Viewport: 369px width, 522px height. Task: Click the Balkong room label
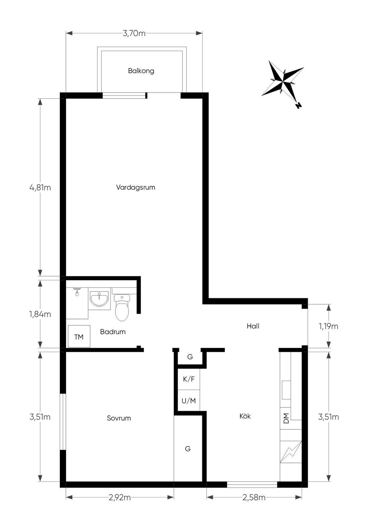click(x=141, y=71)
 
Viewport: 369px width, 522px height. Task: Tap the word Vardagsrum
click(x=135, y=187)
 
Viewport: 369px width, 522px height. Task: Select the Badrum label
click(x=113, y=332)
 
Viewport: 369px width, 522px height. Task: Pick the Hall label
click(x=253, y=326)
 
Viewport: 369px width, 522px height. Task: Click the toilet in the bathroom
click(x=122, y=307)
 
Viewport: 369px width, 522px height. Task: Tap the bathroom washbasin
click(x=99, y=299)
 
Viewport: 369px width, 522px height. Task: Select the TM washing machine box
click(x=79, y=336)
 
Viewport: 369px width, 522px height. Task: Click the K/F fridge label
click(x=189, y=379)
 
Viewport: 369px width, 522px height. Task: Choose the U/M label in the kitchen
click(x=189, y=401)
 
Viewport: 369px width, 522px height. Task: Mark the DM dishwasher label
click(x=286, y=418)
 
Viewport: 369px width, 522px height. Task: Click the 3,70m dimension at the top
click(x=134, y=34)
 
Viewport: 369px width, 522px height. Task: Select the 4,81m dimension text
click(x=40, y=187)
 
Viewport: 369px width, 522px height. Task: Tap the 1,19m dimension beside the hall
click(x=329, y=326)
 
